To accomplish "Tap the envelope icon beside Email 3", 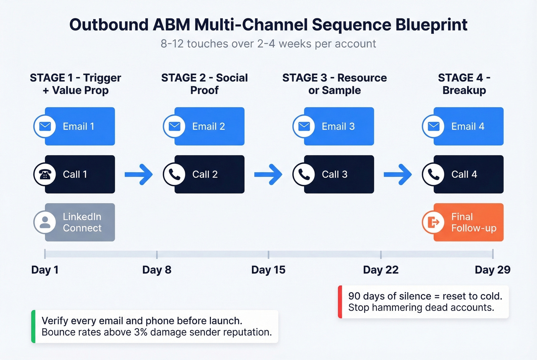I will pos(304,126).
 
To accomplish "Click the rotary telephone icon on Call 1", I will pos(45,174).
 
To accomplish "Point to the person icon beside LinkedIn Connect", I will pos(45,222).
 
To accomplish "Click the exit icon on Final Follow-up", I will pos(433,222).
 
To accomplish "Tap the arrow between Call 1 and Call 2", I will pos(139,174).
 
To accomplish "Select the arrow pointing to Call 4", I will pos(398,174).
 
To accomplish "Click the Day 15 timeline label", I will pos(268,270).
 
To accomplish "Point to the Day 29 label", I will pos(493,270).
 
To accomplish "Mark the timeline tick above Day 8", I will pos(157,254).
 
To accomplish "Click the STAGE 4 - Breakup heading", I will pos(464,84).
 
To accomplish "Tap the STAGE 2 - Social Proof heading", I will pos(204,84).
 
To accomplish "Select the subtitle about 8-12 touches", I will pos(268,44).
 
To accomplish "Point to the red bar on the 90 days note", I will pos(340,302).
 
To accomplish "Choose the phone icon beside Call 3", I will pos(304,174).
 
